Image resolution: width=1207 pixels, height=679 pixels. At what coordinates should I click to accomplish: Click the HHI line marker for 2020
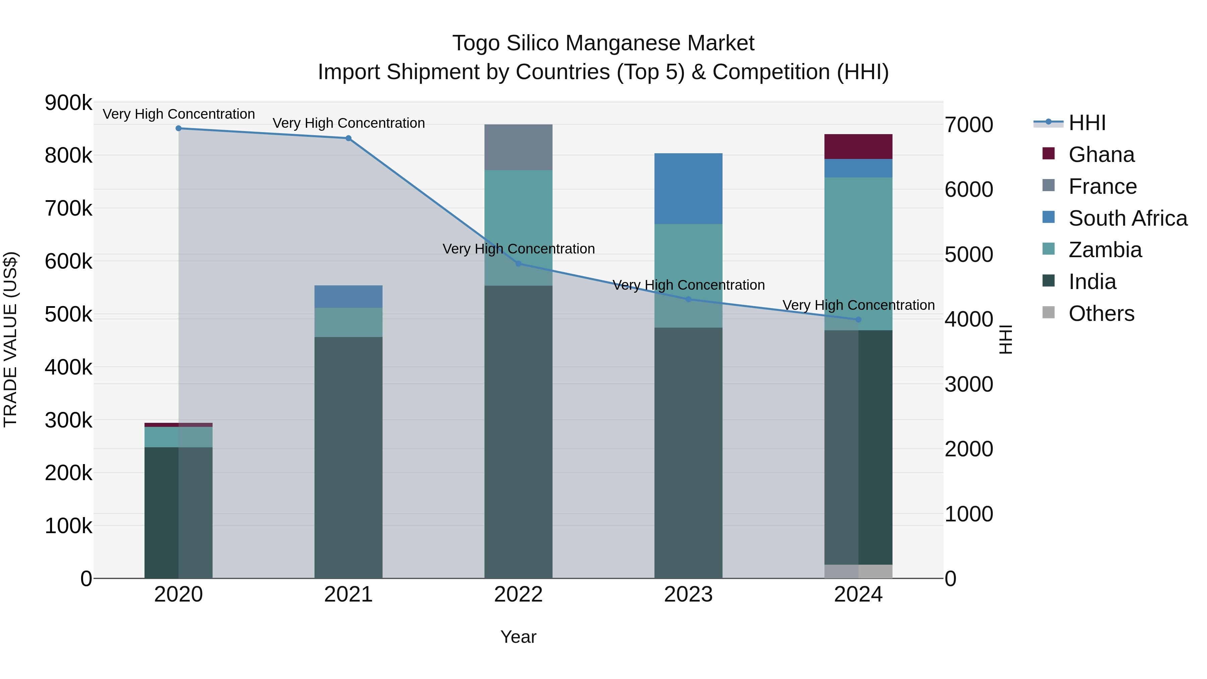(x=178, y=128)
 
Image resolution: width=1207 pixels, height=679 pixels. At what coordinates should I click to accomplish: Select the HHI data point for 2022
(x=518, y=264)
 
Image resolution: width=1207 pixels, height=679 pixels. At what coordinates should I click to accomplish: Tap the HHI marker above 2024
(x=858, y=320)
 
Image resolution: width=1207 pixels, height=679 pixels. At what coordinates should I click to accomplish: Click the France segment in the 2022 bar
(x=518, y=147)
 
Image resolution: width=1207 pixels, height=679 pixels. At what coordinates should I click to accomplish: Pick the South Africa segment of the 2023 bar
(x=688, y=188)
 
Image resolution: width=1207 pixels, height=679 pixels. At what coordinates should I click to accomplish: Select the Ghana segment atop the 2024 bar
(x=858, y=146)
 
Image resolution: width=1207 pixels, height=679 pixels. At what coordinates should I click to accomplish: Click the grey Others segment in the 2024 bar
(x=858, y=571)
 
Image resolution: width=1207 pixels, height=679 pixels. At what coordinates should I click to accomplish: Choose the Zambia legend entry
(x=1104, y=250)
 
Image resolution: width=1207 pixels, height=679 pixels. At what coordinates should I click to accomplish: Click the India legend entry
(x=1092, y=282)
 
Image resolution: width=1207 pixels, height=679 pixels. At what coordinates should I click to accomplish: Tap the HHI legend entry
(x=1087, y=123)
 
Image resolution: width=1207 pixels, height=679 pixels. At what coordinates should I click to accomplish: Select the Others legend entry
(x=1101, y=314)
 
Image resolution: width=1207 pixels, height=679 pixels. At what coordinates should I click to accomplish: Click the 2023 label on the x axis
(x=688, y=595)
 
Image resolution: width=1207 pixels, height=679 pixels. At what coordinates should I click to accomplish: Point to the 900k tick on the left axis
(x=68, y=103)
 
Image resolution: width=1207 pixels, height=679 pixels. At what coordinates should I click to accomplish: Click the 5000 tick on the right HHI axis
(x=969, y=254)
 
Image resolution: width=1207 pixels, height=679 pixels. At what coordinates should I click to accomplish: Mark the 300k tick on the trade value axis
(x=68, y=420)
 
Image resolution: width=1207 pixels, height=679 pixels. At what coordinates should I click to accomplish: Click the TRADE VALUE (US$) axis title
(x=10, y=339)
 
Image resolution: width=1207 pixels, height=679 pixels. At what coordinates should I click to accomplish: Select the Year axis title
(x=518, y=637)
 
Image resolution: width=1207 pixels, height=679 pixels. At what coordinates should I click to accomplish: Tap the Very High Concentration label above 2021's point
(x=349, y=123)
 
